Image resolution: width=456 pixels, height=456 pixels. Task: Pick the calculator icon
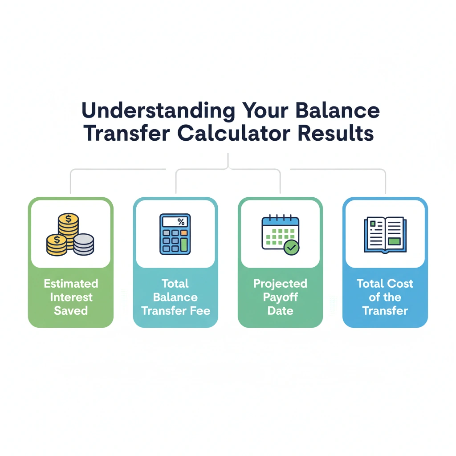175,234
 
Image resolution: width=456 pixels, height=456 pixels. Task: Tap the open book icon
385,235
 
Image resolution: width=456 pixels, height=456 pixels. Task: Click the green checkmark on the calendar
292,247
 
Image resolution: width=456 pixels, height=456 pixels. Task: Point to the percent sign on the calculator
180,221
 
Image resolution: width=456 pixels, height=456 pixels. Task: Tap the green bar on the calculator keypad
183,244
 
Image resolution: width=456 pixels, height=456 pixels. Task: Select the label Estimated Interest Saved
71,297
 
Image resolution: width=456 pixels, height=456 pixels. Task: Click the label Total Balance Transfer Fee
175,297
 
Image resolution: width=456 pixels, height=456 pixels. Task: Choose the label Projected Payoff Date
280,297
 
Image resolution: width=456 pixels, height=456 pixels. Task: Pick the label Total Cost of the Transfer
385,297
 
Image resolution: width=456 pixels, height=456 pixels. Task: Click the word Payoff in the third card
280,297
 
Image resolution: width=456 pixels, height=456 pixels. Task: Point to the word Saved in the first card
71,310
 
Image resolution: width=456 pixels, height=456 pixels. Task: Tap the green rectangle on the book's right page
395,241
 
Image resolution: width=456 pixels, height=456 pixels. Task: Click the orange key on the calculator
183,233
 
